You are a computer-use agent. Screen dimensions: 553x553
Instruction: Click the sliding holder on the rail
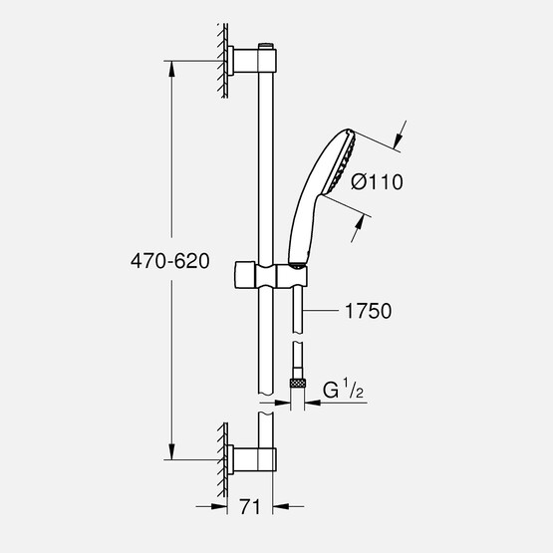click(268, 274)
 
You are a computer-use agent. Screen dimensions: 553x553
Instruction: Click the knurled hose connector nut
click(296, 381)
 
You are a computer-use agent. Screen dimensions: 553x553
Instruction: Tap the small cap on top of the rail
click(265, 45)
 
